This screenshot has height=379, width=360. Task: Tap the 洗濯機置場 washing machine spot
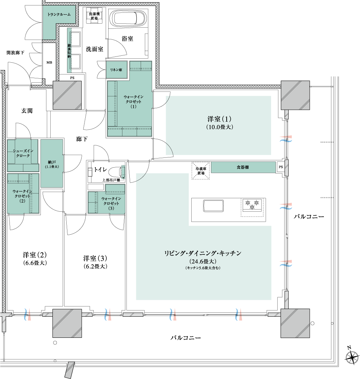coord(94,16)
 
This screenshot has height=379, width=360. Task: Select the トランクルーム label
coord(59,15)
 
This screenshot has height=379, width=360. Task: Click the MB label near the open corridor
coord(49,62)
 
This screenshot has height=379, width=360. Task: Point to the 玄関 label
coord(27,111)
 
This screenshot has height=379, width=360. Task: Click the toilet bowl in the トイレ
coord(116,172)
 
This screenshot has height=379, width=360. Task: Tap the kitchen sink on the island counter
coord(213,206)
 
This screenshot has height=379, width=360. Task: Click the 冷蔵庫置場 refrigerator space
coord(200,171)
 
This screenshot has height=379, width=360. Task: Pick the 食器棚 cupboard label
coord(243,167)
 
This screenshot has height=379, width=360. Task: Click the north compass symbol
coord(352,356)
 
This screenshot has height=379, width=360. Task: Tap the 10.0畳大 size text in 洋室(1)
coord(220,127)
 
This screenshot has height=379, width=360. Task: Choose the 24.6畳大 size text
coord(203,261)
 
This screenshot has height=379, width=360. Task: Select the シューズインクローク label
coord(23,153)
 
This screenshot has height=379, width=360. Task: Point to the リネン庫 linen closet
coord(117,70)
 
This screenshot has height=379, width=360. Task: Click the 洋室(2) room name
coord(35,255)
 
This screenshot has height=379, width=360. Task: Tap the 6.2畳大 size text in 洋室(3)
coord(95,266)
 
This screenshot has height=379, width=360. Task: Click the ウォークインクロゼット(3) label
coord(111,203)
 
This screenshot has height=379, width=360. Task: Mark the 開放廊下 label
coord(15,52)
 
